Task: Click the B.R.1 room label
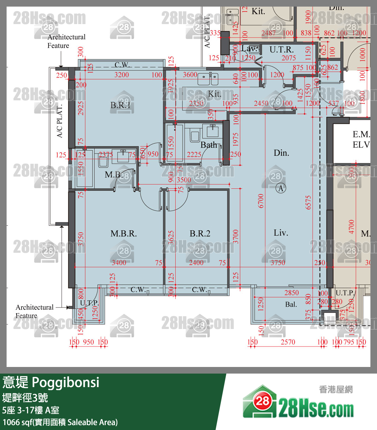click(x=120, y=105)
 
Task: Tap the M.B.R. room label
click(x=123, y=234)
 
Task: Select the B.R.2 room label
click(x=200, y=234)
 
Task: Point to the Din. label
click(x=281, y=153)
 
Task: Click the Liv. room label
click(x=281, y=233)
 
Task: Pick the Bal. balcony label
click(x=291, y=304)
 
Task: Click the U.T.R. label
click(x=281, y=50)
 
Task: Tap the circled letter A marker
click(x=281, y=188)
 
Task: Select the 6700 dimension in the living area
click(x=261, y=201)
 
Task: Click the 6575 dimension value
click(x=308, y=202)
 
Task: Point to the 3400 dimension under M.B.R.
click(x=119, y=263)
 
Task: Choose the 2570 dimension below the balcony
click(x=288, y=342)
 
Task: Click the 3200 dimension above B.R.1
click(x=121, y=75)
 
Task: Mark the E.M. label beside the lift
click(x=361, y=134)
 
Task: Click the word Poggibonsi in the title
click(x=66, y=382)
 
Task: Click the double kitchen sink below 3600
click(x=208, y=79)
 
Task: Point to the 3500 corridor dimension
click(x=184, y=180)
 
